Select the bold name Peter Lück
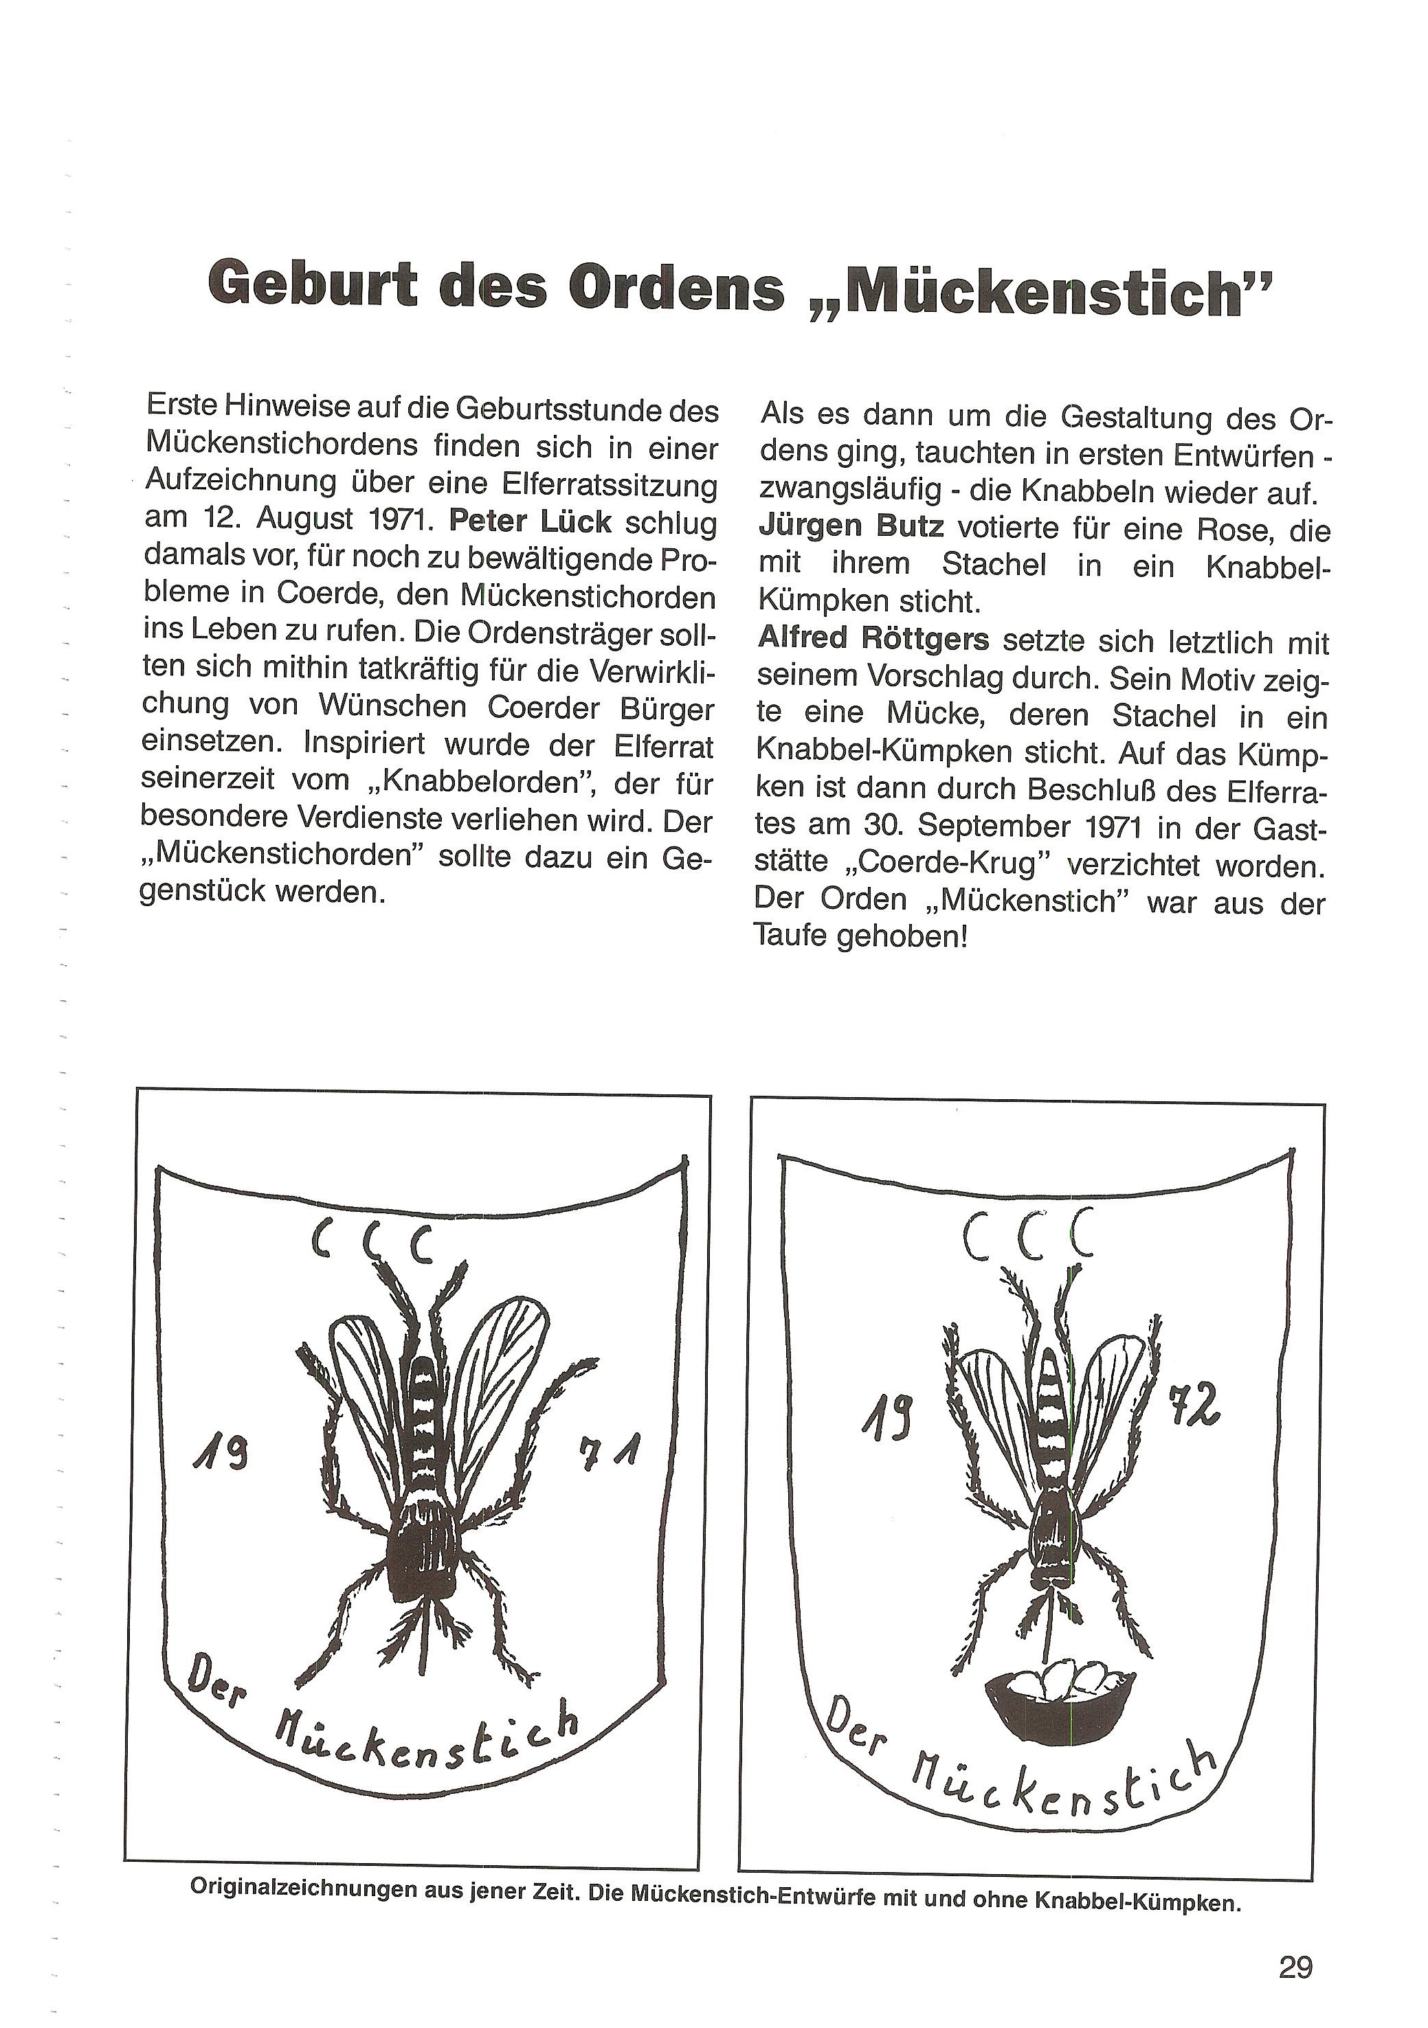pyautogui.click(x=531, y=521)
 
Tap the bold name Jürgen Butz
pyautogui.click(x=851, y=528)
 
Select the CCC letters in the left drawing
pyautogui.click(x=372, y=1243)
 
